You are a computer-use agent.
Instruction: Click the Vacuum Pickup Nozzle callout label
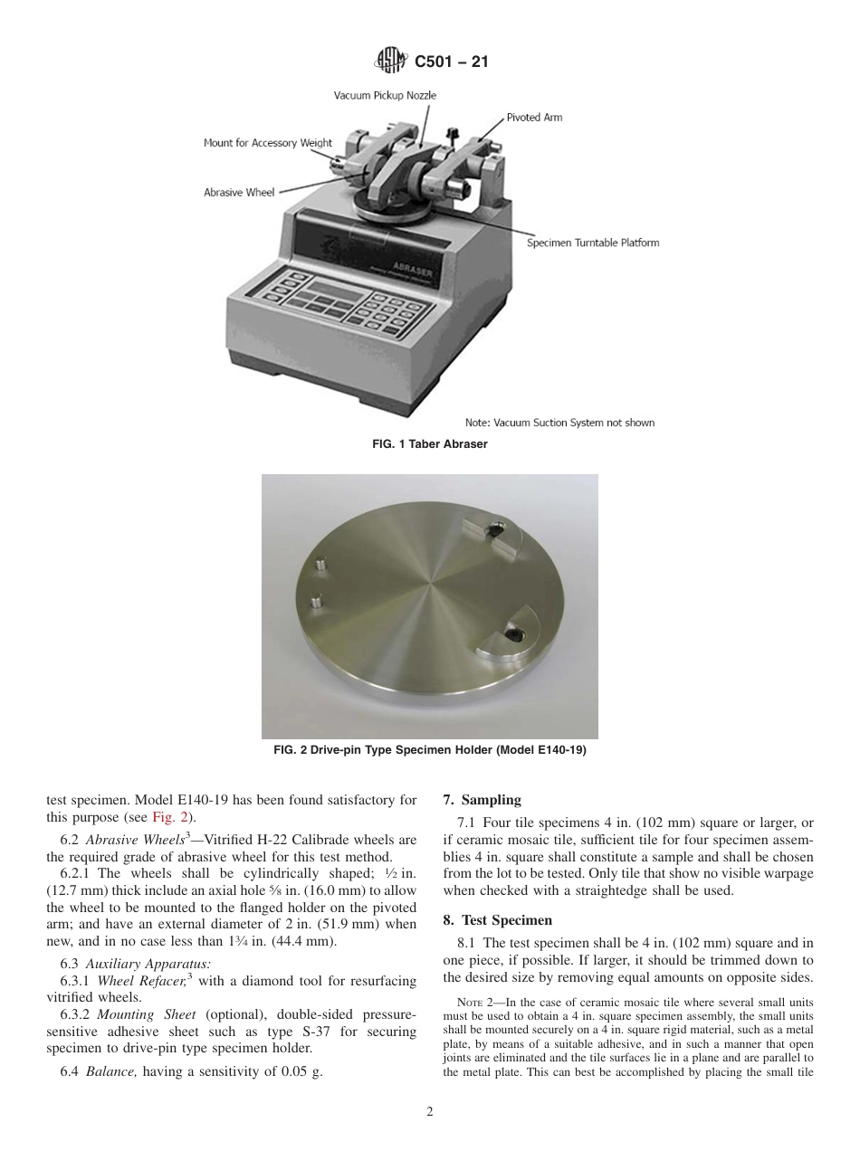[385, 96]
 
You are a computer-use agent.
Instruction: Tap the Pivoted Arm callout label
[534, 118]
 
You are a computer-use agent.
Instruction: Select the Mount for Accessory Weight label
[267, 143]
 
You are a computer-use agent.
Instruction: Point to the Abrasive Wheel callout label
[238, 192]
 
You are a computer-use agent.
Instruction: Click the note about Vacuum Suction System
[559, 423]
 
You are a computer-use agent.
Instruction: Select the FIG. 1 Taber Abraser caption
[430, 444]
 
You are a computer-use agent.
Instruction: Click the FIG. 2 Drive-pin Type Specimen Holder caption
[430, 750]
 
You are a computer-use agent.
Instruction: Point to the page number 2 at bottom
[430, 1112]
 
